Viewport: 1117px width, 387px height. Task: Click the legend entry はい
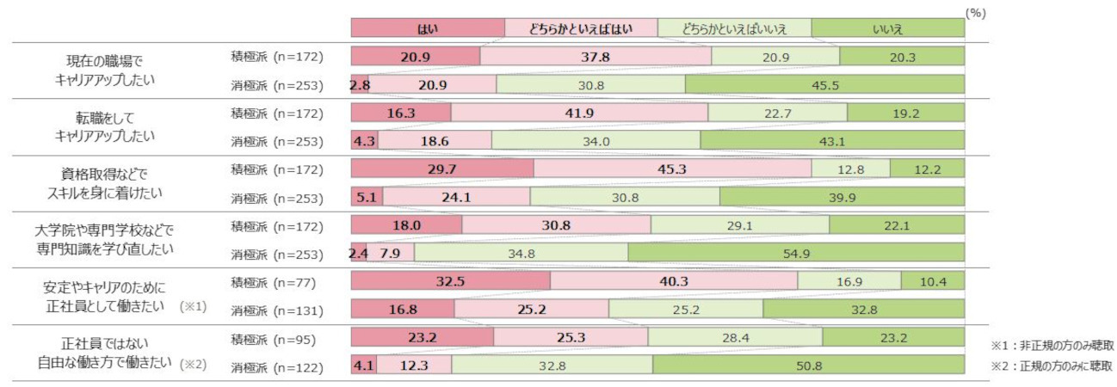click(x=427, y=28)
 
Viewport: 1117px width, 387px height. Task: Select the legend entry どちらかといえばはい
click(x=581, y=28)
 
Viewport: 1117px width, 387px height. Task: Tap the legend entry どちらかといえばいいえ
click(x=734, y=28)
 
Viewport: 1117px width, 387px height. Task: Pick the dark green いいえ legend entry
click(x=887, y=28)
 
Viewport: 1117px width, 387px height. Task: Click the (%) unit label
click(x=974, y=13)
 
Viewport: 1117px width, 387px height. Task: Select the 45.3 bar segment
click(x=672, y=169)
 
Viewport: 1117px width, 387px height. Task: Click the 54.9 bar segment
click(x=796, y=253)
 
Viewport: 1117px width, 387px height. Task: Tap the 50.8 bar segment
click(x=808, y=366)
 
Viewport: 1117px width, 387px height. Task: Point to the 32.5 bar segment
click(x=450, y=281)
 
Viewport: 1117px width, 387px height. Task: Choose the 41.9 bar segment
click(x=579, y=113)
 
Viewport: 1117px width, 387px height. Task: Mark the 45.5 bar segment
click(x=824, y=84)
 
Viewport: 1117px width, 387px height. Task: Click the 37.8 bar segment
click(x=596, y=57)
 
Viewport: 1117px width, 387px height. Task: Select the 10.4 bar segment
click(x=933, y=281)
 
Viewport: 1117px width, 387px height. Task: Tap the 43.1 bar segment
click(x=832, y=140)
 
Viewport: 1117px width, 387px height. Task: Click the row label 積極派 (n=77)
click(x=270, y=282)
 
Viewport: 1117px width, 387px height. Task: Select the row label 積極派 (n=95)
click(x=270, y=339)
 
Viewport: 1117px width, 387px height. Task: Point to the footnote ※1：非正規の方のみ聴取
click(x=1052, y=346)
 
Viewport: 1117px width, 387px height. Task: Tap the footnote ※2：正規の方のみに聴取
click(x=1052, y=365)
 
